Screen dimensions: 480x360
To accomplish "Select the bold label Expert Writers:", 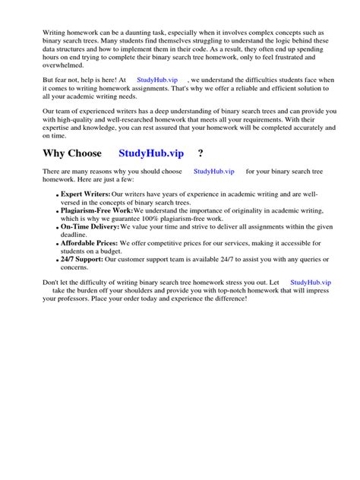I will point(86,194).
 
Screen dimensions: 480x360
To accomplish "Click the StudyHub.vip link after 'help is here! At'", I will point(156,80).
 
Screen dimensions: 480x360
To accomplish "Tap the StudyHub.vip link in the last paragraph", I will point(311,282).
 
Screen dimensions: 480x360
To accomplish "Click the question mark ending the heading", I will point(200,153).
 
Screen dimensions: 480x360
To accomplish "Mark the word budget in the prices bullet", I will point(109,251).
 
